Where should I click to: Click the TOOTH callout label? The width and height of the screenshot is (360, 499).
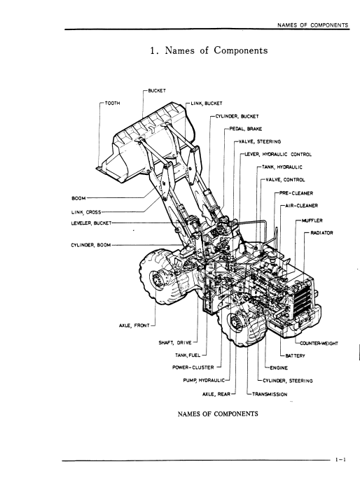[x=113, y=103]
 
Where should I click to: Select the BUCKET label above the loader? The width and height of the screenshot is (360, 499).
[x=157, y=91]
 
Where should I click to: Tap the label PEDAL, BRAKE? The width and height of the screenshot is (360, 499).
[x=246, y=129]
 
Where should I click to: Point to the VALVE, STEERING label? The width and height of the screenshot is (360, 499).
[x=260, y=141]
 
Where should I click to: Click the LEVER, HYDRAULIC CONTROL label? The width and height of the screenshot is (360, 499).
[x=278, y=155]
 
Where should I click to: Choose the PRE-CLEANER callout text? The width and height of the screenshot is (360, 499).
[x=296, y=193]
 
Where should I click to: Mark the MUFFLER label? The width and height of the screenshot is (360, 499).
[x=312, y=220]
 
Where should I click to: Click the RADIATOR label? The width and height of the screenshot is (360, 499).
[x=321, y=233]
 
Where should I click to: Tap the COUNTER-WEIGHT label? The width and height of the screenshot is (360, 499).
[x=319, y=344]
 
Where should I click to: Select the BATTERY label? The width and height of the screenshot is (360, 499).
[x=295, y=356]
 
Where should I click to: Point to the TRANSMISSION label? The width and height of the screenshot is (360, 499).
[x=270, y=394]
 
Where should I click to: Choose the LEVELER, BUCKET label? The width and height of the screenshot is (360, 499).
[x=91, y=223]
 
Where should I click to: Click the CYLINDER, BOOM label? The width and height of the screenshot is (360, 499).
[x=91, y=245]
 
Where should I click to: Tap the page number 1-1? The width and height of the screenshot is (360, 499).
[x=340, y=460]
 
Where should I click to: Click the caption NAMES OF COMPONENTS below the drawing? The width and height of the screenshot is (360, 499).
[x=218, y=414]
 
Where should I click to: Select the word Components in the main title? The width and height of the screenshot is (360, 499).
[x=241, y=50]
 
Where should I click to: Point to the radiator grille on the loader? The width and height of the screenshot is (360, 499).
[x=301, y=298]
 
